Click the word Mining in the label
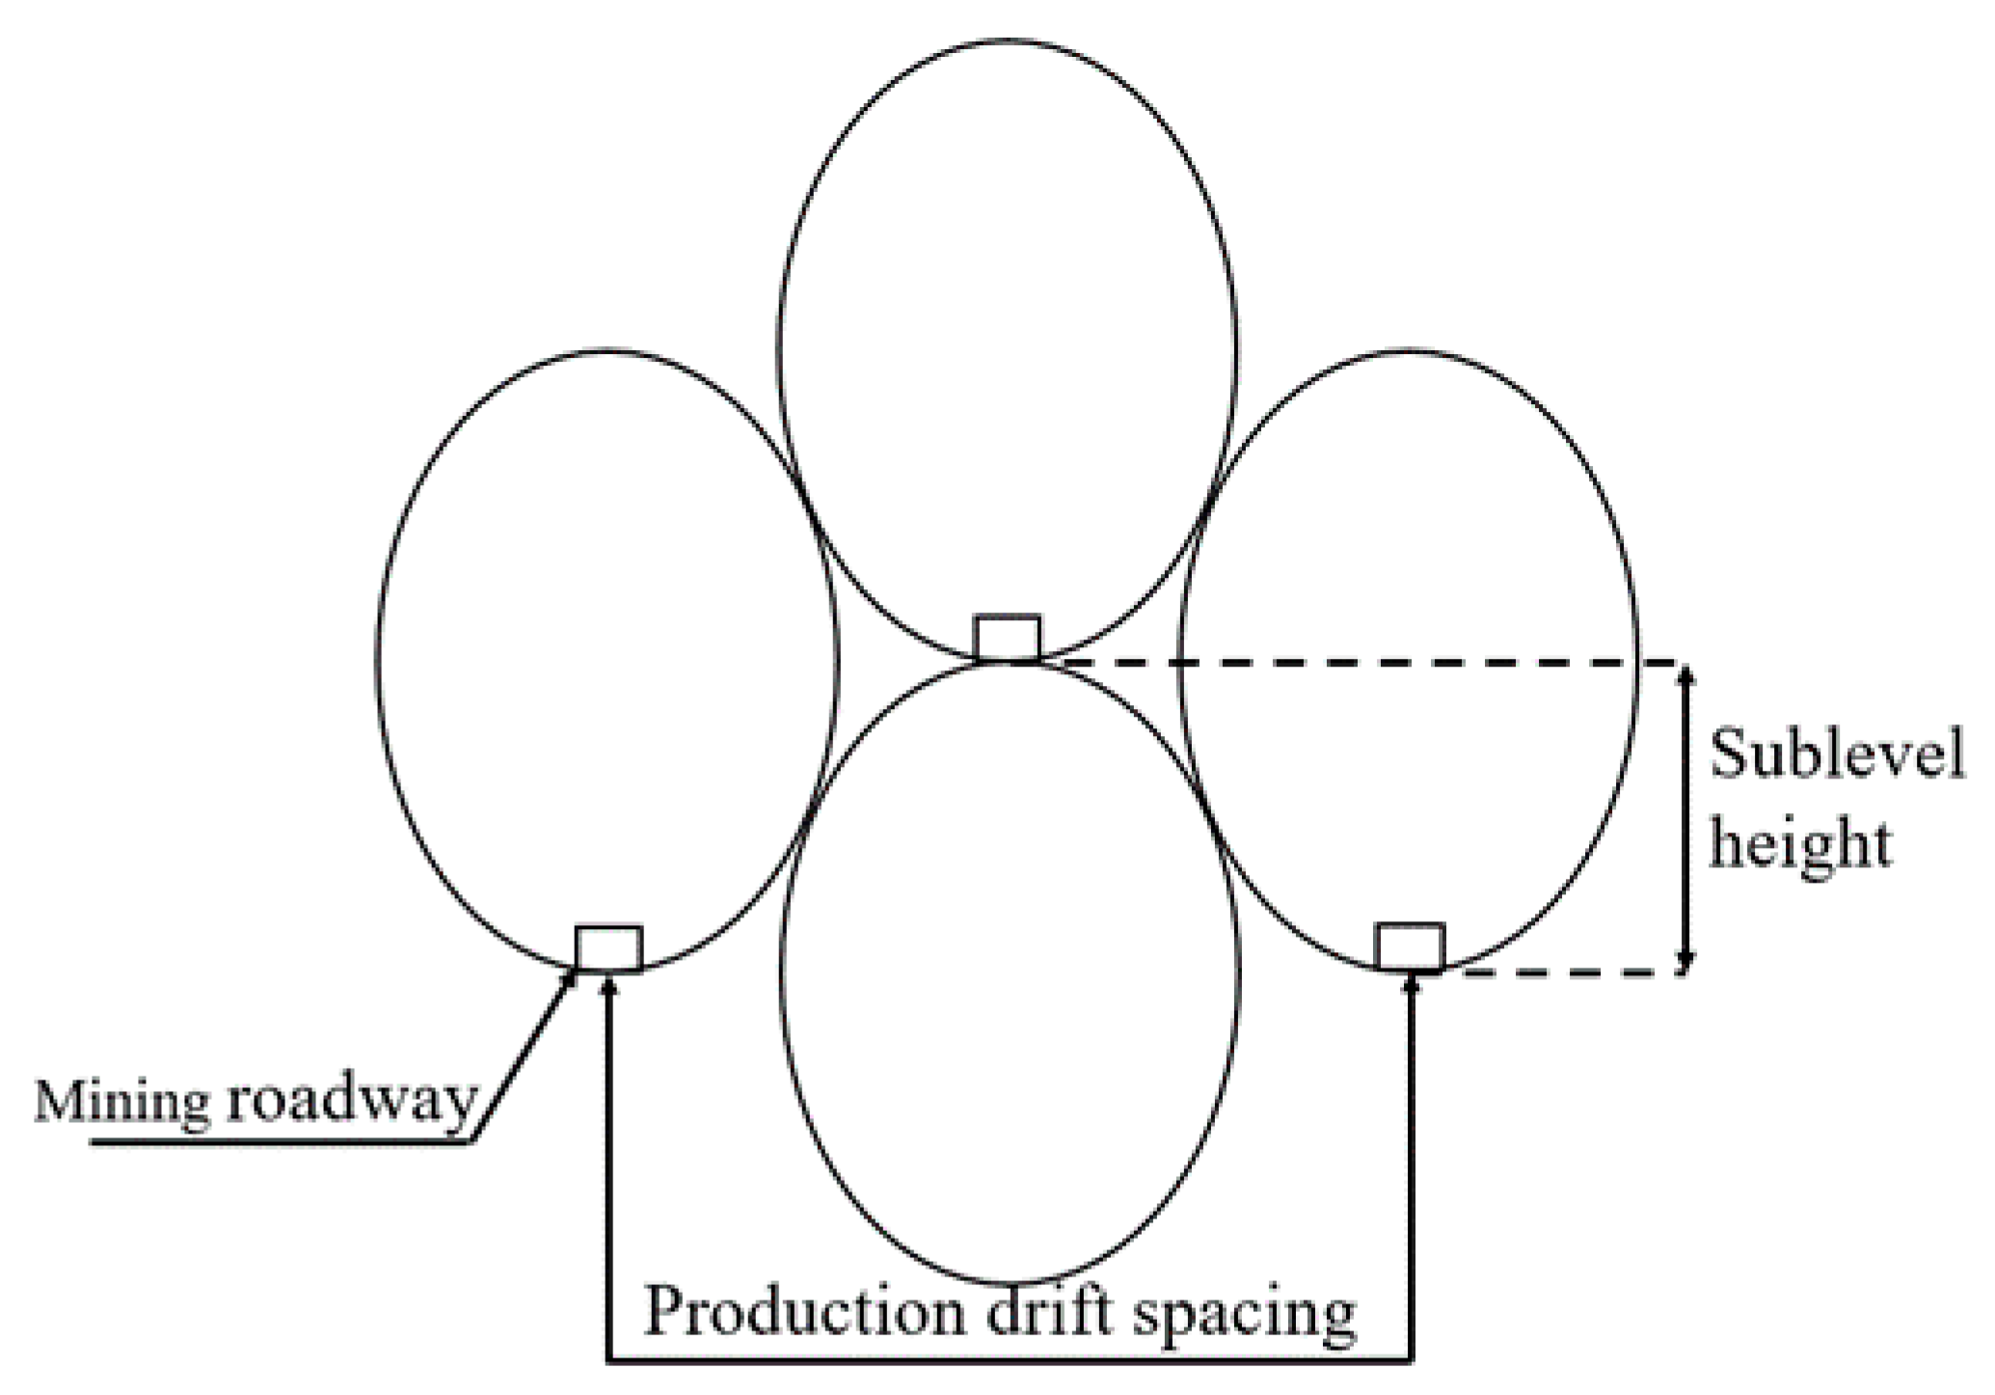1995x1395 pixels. [x=121, y=1101]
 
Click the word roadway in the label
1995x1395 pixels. [x=351, y=1101]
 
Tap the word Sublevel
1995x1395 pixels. [x=1836, y=754]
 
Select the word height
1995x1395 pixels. [x=1799, y=844]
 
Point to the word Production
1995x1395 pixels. [x=802, y=1312]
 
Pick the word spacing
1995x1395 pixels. [x=1244, y=1314]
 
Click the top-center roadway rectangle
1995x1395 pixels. [x=1008, y=638]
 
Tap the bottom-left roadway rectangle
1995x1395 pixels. [x=608, y=948]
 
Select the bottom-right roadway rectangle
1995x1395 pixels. [x=1409, y=947]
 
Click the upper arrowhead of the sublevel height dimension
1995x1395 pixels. [x=1685, y=674]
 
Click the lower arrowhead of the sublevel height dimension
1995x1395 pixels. [x=1685, y=961]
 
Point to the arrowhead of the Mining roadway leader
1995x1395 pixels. [x=570, y=977]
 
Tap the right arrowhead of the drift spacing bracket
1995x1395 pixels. [x=1412, y=984]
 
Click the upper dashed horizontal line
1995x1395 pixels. [x=1350, y=663]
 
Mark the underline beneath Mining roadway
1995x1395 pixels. [x=280, y=1143]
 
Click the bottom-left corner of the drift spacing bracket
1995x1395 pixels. [x=608, y=1361]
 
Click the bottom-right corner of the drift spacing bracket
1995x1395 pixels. [x=1412, y=1361]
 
